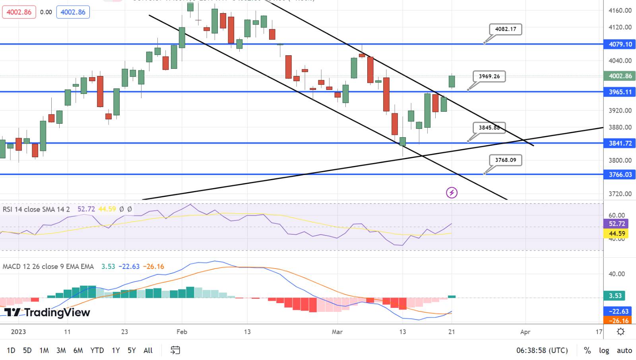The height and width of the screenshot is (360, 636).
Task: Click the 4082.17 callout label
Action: click(505, 29)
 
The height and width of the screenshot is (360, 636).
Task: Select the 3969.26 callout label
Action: click(489, 76)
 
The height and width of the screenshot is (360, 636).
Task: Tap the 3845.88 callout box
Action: click(489, 128)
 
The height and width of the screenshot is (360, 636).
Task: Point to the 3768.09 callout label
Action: click(505, 160)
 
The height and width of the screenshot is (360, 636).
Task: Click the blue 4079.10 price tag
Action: click(620, 44)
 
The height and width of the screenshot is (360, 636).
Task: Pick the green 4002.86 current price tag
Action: click(620, 76)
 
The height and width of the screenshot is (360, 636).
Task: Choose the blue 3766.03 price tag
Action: click(620, 175)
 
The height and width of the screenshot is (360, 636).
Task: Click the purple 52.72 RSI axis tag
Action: click(616, 224)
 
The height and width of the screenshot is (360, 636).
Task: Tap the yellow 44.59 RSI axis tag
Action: click(616, 234)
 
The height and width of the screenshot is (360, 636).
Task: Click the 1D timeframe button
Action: click(11, 350)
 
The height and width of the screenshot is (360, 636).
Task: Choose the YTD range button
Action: click(97, 350)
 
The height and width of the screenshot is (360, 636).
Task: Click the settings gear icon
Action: click(620, 332)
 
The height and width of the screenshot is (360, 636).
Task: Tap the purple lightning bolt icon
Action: click(452, 193)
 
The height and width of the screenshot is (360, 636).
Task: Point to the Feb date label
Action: click(182, 332)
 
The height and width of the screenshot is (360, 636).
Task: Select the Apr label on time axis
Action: click(525, 332)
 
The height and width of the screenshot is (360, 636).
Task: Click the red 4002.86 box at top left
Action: click(19, 12)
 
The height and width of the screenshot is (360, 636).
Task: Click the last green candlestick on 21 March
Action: click(452, 81)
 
